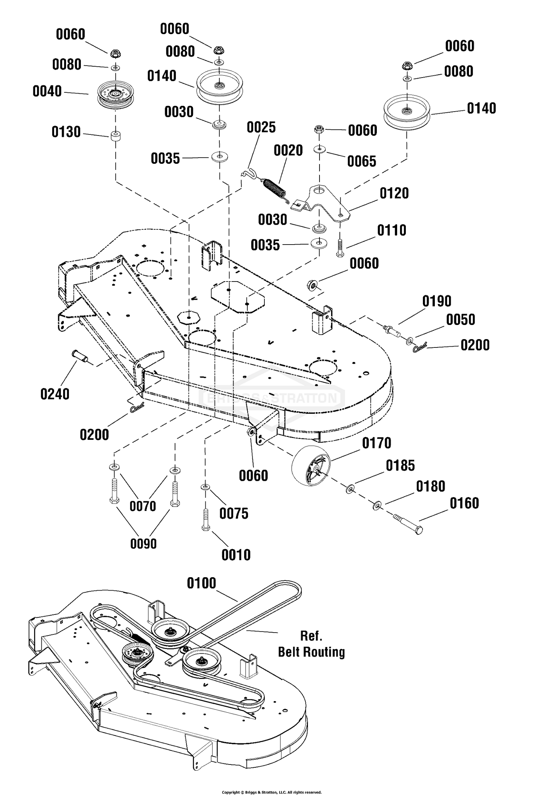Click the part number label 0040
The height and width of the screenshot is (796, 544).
point(47,91)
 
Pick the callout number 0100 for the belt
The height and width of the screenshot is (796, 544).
point(201,583)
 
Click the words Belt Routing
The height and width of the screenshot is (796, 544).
point(311,652)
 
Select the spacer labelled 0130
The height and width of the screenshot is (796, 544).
point(116,138)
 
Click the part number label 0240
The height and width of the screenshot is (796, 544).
point(55,394)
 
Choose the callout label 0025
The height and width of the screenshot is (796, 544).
point(261,128)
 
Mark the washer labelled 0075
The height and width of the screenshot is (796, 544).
point(205,487)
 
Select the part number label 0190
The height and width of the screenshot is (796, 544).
point(437,301)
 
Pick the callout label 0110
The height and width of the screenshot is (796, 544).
point(392,230)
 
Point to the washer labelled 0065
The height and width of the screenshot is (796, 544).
point(320,149)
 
